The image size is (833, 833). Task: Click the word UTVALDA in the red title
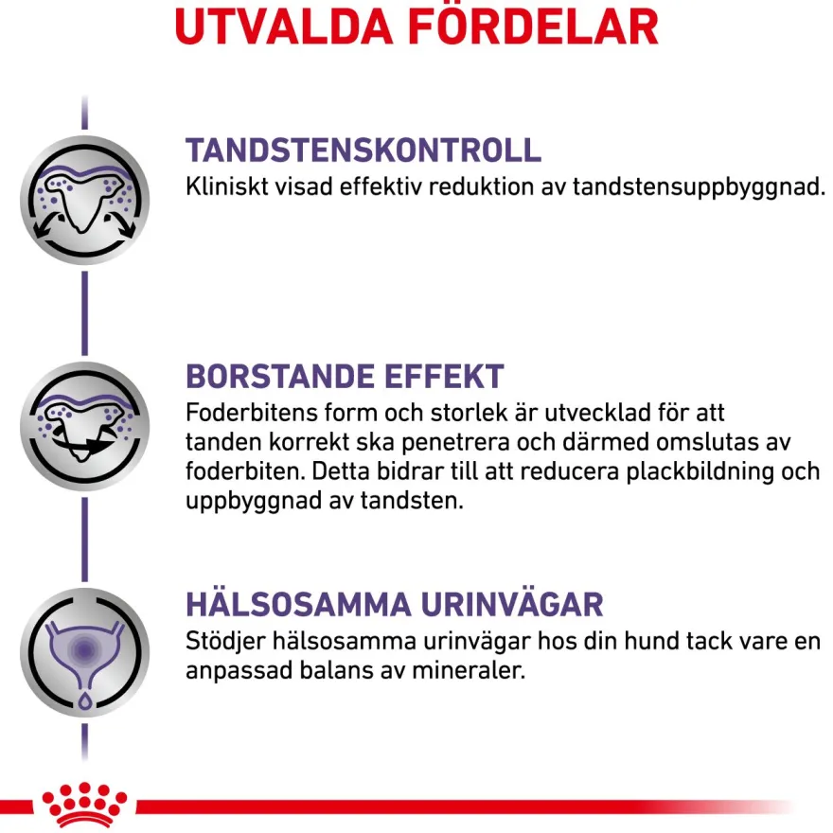coord(284,27)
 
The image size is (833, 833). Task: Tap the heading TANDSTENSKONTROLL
coord(363,151)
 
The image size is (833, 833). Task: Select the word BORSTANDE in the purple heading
coord(280,377)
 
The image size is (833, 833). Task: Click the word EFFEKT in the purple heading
coord(444,377)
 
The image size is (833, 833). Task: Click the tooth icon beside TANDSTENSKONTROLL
coord(84,201)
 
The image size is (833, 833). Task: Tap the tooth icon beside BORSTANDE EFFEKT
coord(84,427)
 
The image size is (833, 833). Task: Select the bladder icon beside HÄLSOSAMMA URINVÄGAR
coord(84,653)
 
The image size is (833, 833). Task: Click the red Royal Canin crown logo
coord(84,805)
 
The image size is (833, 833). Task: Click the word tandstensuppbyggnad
coord(699,188)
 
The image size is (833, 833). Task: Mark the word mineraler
coord(469,670)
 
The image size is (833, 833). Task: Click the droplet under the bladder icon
coord(84,701)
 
